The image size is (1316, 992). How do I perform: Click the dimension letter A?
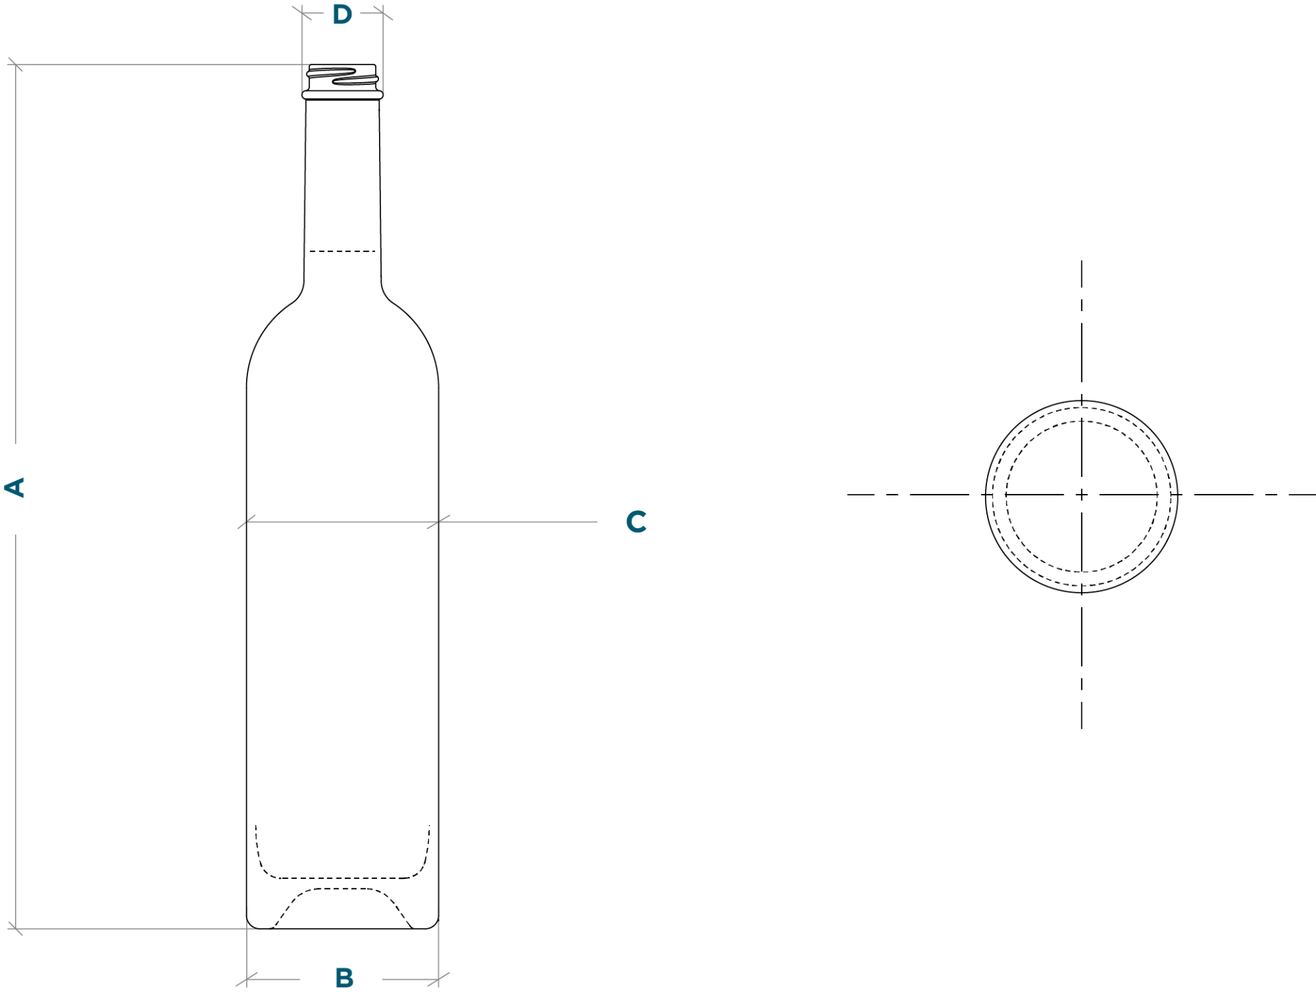point(14,488)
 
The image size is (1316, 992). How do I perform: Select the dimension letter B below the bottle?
point(345,978)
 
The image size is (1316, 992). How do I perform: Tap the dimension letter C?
point(636,522)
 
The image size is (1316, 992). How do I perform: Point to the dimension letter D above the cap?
point(342,14)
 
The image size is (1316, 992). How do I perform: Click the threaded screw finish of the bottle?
point(343,77)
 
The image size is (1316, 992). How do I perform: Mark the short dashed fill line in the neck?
point(342,251)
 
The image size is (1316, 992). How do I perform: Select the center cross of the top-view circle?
point(1082,495)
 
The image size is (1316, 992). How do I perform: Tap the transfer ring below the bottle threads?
point(343,95)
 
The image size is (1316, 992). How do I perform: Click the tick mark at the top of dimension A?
point(15,65)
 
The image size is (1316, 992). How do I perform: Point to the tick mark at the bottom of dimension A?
point(15,929)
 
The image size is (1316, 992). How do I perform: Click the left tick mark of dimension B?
point(247,980)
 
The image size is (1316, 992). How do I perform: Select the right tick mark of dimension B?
point(439,980)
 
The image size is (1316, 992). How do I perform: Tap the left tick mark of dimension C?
point(247,522)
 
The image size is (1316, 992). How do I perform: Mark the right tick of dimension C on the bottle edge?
point(439,522)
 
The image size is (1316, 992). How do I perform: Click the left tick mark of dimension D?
point(302,13)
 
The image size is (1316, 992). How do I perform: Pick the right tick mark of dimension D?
point(383,13)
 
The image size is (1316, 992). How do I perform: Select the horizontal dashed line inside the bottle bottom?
point(342,878)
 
